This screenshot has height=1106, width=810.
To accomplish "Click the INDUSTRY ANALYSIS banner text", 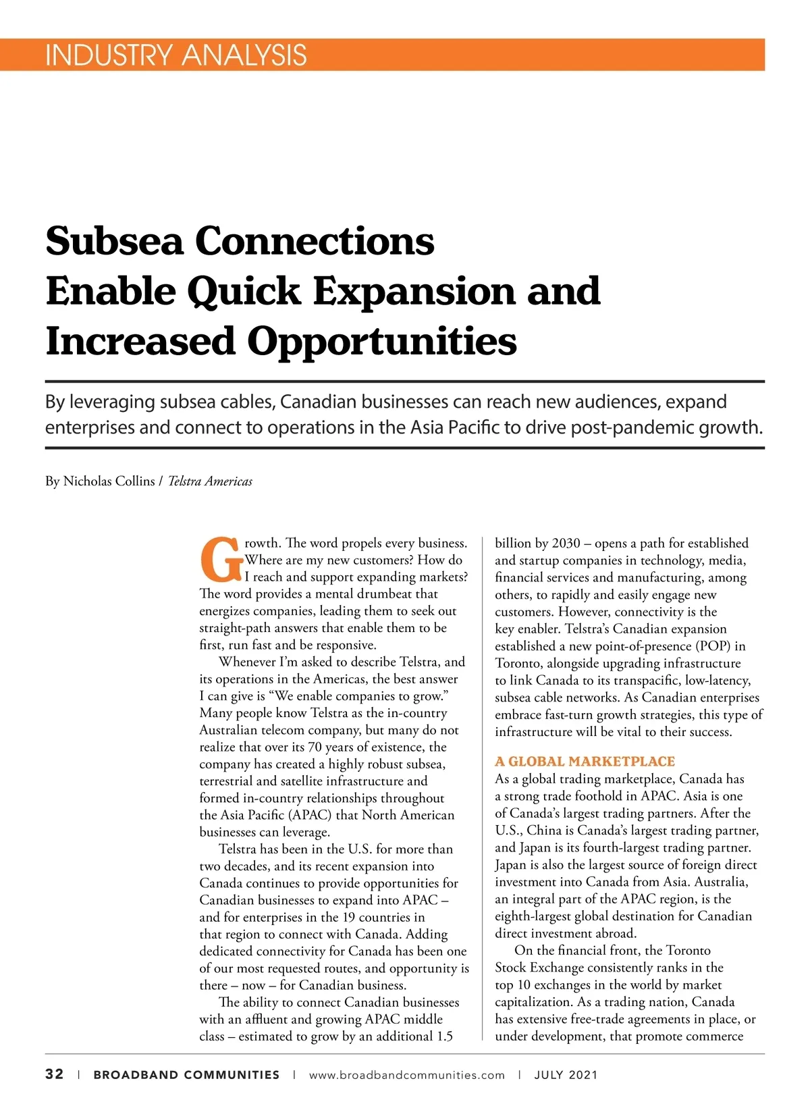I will (x=175, y=55).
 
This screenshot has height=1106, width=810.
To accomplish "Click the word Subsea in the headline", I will (x=114, y=241).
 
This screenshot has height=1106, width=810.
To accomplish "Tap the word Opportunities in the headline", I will (x=381, y=342).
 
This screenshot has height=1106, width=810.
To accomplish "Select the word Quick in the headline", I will (x=243, y=292).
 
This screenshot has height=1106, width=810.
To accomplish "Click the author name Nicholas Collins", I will (x=109, y=481).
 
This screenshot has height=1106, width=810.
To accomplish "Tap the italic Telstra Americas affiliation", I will (x=210, y=481).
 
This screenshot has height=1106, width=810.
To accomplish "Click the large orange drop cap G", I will (x=221, y=560).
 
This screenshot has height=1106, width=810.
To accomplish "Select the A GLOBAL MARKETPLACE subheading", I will (x=585, y=762).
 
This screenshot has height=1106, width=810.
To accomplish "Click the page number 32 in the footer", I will (x=55, y=1074).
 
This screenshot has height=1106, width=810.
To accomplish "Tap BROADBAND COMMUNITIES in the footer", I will (x=186, y=1075).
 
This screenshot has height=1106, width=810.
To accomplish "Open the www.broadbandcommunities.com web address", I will (x=406, y=1075).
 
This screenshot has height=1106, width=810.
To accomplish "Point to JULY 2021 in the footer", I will (x=566, y=1075).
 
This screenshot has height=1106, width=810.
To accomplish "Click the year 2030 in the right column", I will (x=566, y=544).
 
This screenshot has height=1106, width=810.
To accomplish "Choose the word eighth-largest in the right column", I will (x=533, y=916).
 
